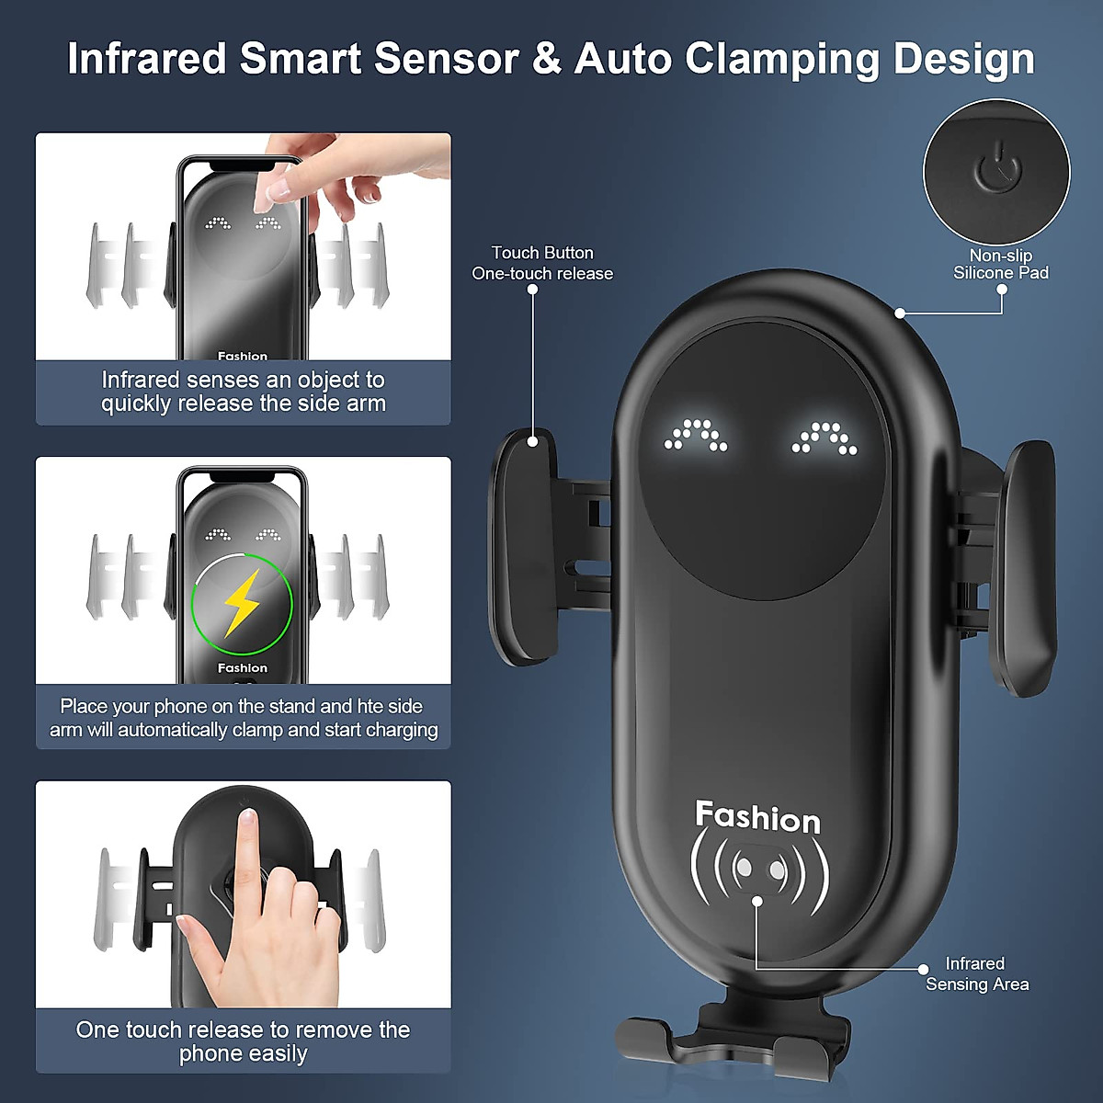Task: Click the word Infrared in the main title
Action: (x=146, y=59)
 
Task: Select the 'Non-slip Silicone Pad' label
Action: (x=1000, y=264)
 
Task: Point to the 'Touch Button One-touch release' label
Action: (x=542, y=263)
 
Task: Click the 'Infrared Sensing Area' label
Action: (x=976, y=973)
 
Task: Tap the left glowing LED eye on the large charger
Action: (x=696, y=436)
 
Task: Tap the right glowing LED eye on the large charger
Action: (x=824, y=438)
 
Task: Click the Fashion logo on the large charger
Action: (x=757, y=816)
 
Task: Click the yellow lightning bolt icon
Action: (x=242, y=604)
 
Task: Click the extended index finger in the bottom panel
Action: (x=246, y=855)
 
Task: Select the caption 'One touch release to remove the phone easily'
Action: (x=243, y=1041)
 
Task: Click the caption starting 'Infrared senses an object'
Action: (x=243, y=392)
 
